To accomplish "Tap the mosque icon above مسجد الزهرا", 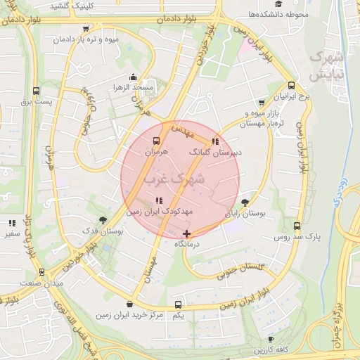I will [133, 77].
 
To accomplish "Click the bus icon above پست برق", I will [37, 91].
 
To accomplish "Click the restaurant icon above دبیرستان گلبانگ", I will [214, 141].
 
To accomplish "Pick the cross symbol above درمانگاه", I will [186, 233].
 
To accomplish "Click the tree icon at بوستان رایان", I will [245, 202].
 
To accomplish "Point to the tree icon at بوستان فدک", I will [104, 219].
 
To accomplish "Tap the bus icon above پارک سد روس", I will [297, 226].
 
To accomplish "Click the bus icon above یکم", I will [178, 304].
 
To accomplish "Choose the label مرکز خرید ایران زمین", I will [130, 315].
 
